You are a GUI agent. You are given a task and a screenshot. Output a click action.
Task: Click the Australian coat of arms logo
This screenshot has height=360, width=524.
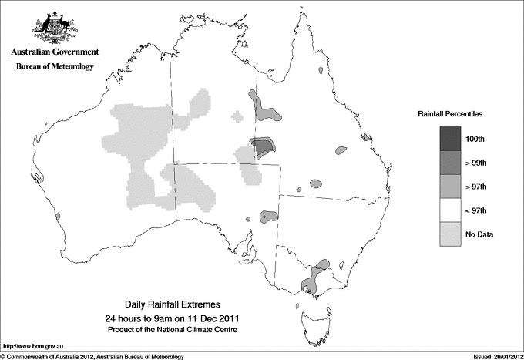click(54, 29)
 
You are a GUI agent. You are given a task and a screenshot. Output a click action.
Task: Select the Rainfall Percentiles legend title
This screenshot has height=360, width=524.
click(450, 114)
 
